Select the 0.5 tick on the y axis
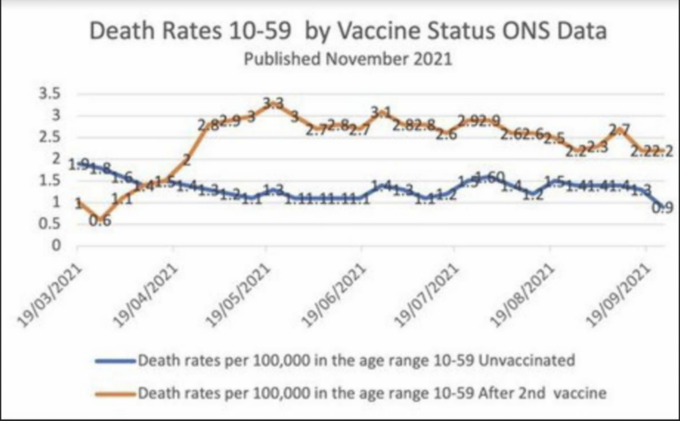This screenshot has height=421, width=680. point(48,223)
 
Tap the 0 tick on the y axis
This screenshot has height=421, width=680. point(55,245)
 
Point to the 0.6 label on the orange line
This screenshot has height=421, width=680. point(100,221)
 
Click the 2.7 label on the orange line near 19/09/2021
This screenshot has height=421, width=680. point(620,129)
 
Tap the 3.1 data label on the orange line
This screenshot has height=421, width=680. point(381,112)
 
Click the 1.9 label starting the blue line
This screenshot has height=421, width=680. point(78,164)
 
